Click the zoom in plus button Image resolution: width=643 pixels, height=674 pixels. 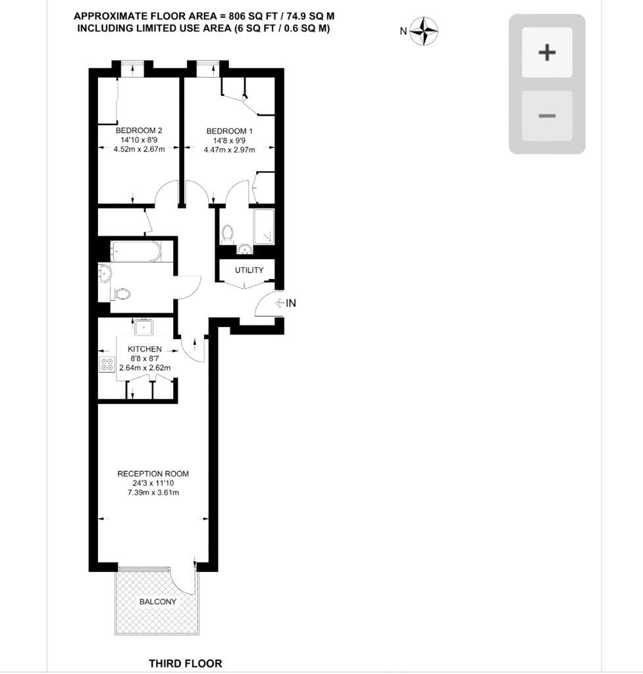547,53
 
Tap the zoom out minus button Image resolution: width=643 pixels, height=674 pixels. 547,116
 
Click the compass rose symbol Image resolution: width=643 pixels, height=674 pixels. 424,32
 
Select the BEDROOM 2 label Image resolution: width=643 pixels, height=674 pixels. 139,130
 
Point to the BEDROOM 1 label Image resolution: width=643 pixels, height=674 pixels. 230,131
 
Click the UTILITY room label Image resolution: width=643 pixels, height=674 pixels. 249,270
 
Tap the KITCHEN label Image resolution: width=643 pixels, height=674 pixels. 145,349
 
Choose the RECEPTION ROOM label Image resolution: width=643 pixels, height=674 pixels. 153,474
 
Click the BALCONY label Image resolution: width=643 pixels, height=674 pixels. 158,602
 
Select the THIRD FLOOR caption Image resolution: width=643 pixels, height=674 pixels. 186,663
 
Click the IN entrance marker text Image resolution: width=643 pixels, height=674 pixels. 291,303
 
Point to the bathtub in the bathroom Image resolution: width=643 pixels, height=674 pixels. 136,251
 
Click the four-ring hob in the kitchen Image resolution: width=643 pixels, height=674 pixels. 107,365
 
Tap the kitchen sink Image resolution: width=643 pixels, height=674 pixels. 143,327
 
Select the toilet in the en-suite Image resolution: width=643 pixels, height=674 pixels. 227,234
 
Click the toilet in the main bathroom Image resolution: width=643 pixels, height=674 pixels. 122,294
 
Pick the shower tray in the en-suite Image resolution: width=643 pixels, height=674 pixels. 264,227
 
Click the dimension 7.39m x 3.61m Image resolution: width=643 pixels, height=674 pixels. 153,492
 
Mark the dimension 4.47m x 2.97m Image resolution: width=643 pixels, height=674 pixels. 230,150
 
